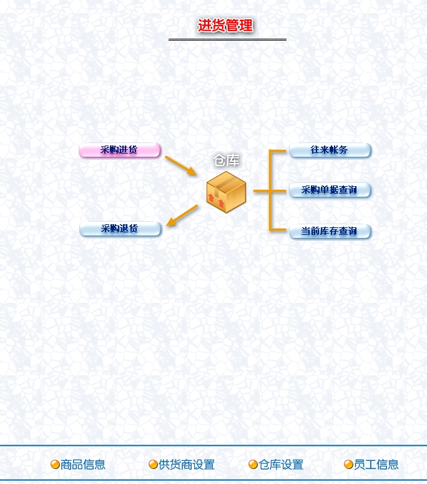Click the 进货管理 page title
click(225, 26)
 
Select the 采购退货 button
click(120, 229)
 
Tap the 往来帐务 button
click(330, 151)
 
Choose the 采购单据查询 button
click(330, 190)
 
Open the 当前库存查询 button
click(330, 232)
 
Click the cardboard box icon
click(226, 192)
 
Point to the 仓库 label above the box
click(227, 161)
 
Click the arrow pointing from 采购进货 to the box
click(180, 165)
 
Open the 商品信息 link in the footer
click(83, 465)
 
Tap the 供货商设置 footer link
click(187, 465)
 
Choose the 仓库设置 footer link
click(281, 465)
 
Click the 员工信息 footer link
click(376, 465)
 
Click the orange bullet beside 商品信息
click(55, 465)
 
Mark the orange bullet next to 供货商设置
click(153, 465)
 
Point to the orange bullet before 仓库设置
click(253, 465)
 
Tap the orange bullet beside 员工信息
click(348, 465)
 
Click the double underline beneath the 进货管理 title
click(227, 40)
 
